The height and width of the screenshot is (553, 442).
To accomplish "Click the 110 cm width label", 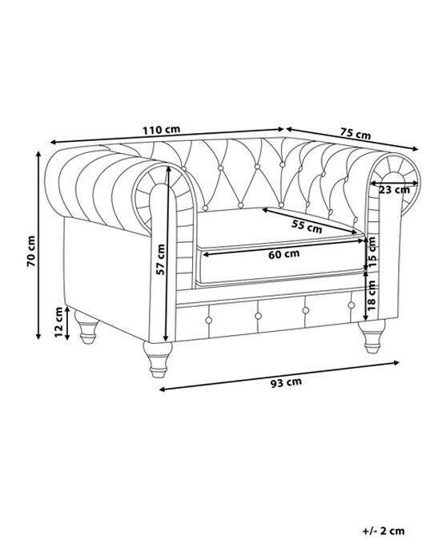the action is [x=161, y=129].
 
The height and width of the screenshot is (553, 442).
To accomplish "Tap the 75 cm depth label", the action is [x=356, y=134].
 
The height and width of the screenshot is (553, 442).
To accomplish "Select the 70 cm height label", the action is [x=31, y=251].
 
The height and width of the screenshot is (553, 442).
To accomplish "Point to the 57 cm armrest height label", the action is [x=161, y=260].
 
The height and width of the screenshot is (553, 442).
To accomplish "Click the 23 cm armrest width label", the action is [x=394, y=190].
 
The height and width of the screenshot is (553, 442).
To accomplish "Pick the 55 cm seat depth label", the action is [x=307, y=226].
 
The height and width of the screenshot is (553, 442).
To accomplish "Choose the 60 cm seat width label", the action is [x=283, y=253].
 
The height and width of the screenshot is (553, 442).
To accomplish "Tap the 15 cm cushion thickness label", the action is [x=372, y=252].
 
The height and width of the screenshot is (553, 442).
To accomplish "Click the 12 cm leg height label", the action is [x=58, y=321].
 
